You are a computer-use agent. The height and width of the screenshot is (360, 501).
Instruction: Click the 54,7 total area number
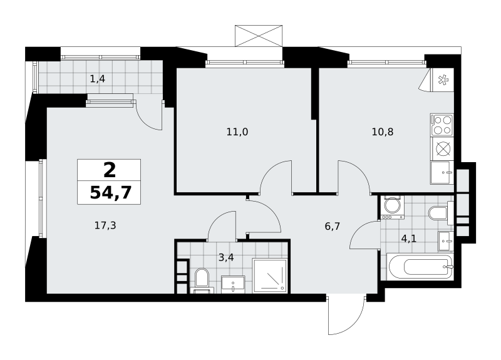click(111, 193)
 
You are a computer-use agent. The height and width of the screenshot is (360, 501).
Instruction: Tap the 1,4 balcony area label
click(98, 79)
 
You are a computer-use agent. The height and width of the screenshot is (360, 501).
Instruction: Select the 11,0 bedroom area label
click(237, 131)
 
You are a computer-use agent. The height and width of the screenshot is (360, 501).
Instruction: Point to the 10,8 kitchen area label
click(383, 131)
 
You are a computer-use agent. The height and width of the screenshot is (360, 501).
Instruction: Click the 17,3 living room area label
click(105, 225)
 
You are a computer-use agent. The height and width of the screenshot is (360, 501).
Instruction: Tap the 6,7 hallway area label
click(333, 227)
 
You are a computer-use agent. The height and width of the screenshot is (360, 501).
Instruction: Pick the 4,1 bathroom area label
click(409, 239)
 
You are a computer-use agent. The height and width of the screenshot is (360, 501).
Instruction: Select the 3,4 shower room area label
click(226, 257)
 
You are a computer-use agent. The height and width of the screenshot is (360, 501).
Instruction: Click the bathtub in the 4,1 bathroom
click(420, 267)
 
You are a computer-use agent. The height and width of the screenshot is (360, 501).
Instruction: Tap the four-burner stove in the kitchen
click(442, 125)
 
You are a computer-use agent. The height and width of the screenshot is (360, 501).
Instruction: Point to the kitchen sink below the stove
click(442, 173)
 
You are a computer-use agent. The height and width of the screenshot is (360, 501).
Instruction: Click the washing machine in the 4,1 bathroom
click(391, 207)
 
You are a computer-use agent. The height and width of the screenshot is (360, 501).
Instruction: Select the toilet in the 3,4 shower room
click(202, 280)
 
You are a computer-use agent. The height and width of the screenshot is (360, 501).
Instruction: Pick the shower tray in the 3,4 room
click(270, 275)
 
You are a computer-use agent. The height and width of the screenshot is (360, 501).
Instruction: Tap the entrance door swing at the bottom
click(346, 316)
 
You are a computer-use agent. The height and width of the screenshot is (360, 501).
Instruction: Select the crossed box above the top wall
click(259, 36)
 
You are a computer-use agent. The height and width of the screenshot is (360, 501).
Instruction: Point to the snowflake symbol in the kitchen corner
click(443, 80)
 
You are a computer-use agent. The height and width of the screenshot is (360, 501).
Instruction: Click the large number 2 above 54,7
click(110, 170)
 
